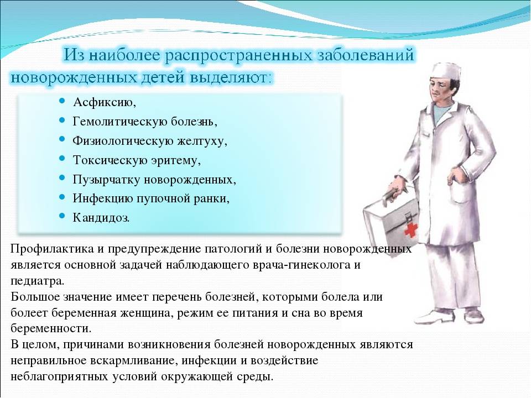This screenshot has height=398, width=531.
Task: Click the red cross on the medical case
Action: pyautogui.click(x=410, y=230)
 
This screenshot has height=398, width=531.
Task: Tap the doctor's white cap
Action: pyautogui.click(x=445, y=71)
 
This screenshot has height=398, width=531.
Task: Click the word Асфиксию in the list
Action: pyautogui.click(x=105, y=102)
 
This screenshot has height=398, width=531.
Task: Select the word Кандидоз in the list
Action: pyautogui.click(x=101, y=217)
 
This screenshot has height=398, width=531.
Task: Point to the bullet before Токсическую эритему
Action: pyautogui.click(x=61, y=158)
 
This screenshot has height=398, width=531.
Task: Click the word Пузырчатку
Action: pyautogui.click(x=106, y=179)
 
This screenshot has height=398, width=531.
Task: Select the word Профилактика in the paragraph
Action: pyautogui.click(x=52, y=249)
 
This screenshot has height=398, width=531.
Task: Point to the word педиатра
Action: pyautogui.click(x=37, y=281)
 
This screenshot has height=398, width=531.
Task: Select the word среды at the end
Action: pyautogui.click(x=256, y=376)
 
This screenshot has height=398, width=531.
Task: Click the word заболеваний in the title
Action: pyautogui.click(x=366, y=55)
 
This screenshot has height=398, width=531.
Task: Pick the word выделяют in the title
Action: pyautogui.click(x=231, y=77)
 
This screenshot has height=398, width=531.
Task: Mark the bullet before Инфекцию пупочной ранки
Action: pyautogui.click(x=61, y=197)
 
